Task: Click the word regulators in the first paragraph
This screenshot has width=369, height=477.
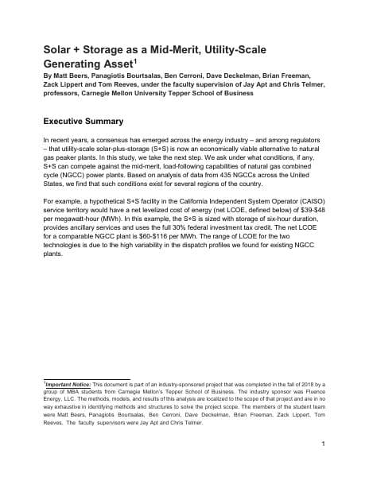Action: pos(301,138)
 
